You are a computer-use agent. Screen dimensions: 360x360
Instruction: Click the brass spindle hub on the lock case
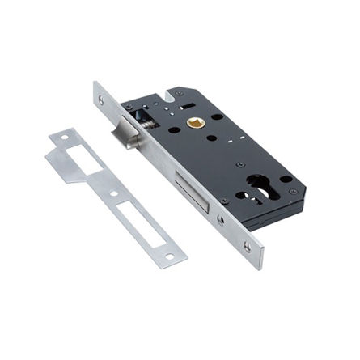pyautogui.click(x=195, y=123)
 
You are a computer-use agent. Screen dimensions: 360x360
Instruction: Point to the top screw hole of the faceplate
pyautogui.click(x=102, y=100)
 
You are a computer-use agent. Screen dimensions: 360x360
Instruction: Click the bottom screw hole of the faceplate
pyautogui.click(x=246, y=246)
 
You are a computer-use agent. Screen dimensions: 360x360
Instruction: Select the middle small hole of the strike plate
pyautogui.click(x=114, y=194)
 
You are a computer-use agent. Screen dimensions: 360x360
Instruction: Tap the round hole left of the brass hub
pyautogui.click(x=174, y=129)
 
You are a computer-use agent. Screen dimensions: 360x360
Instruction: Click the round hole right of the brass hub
pyautogui.click(x=216, y=116)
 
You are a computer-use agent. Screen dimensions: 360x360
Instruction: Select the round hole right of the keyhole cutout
pyautogui.click(x=286, y=179)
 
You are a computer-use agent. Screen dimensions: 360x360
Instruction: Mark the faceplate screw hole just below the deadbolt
pyautogui.click(x=220, y=219)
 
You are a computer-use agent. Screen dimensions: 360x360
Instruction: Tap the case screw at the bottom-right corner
pyautogui.click(x=292, y=193)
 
